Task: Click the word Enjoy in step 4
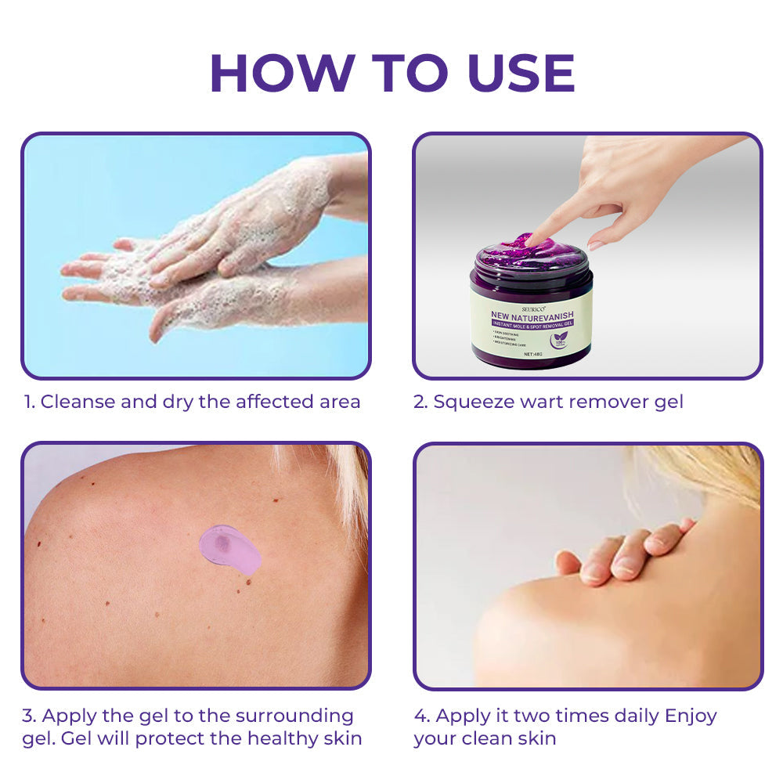click(691, 716)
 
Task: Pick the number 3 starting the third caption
click(28, 716)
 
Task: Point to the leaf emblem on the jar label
click(559, 339)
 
